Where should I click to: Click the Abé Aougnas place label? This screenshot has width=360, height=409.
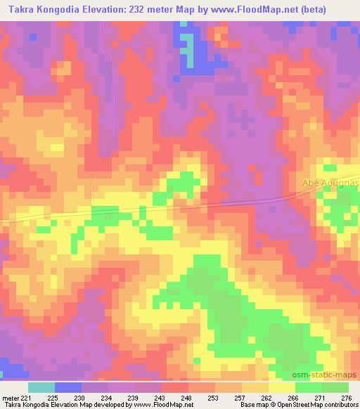[330, 183]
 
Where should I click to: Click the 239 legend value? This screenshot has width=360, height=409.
[134, 398]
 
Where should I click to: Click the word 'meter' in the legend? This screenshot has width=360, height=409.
[9, 398]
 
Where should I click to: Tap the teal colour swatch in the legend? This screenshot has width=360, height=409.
[41, 387]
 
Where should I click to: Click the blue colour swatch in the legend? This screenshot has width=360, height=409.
[68, 387]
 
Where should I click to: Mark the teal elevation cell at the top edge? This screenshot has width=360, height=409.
[184, 25]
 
